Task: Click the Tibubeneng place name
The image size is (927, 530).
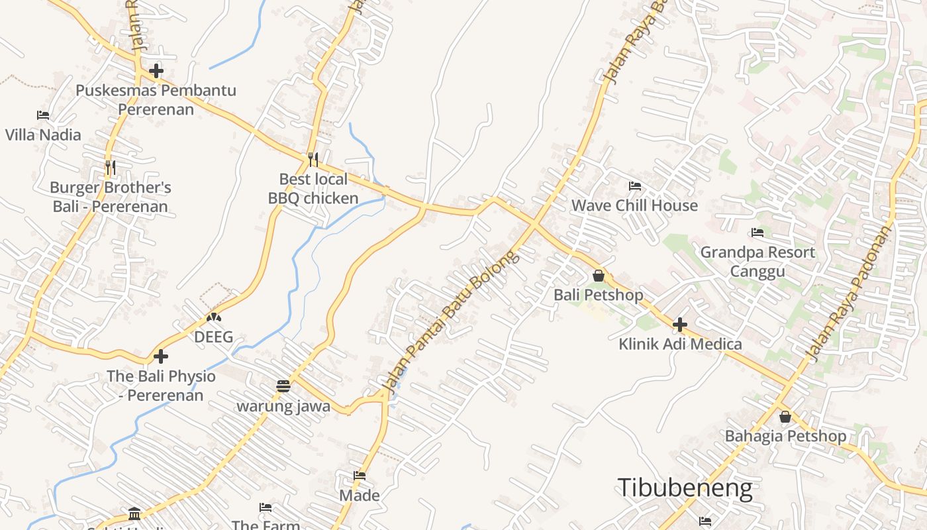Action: (685, 488)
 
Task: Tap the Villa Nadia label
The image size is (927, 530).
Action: (43, 135)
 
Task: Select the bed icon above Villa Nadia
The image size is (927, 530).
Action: (43, 115)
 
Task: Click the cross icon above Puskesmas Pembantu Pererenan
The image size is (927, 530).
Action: (156, 70)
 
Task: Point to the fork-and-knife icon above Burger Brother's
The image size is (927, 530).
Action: (111, 168)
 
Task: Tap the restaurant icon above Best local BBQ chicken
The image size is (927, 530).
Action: (313, 159)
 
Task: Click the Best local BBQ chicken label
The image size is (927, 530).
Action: (313, 189)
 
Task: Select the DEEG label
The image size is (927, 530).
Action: (213, 337)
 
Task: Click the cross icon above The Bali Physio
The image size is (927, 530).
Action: (161, 357)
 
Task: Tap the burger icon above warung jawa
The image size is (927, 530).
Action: (283, 386)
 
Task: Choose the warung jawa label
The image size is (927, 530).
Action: (283, 406)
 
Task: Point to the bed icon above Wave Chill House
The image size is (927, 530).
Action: (635, 186)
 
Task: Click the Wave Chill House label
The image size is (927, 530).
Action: (634, 205)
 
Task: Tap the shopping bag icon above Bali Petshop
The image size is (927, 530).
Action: (599, 276)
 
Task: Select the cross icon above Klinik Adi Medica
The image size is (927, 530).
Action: (680, 325)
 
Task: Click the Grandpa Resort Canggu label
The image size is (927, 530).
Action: (757, 262)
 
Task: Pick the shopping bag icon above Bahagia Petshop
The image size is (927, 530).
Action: (785, 417)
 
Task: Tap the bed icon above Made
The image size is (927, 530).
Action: (360, 476)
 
